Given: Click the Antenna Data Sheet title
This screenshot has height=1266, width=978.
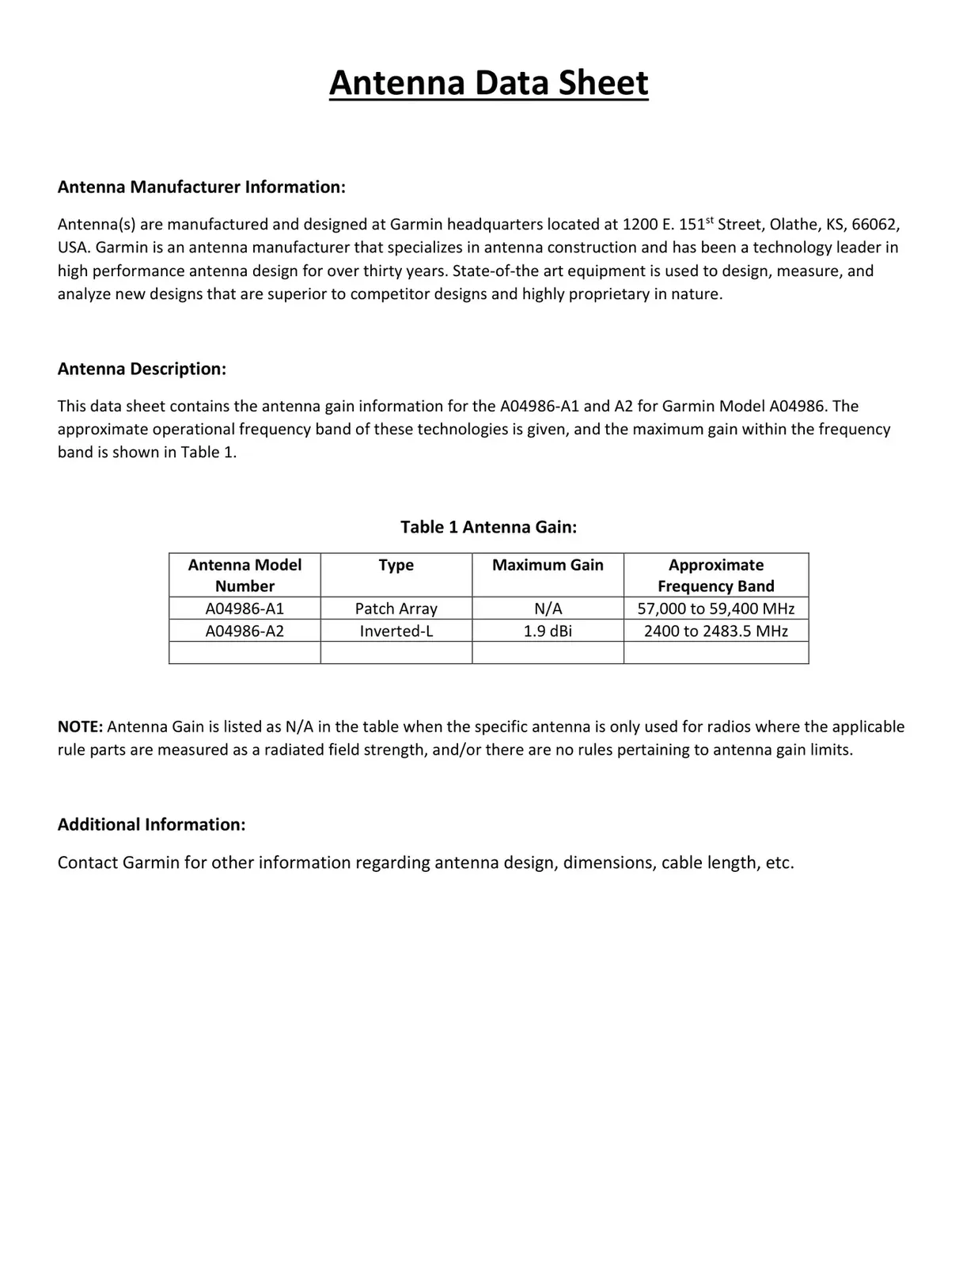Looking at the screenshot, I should coord(488,83).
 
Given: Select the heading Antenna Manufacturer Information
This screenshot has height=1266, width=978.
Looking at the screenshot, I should coord(201,188).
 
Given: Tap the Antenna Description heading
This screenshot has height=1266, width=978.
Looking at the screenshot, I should coord(142,369).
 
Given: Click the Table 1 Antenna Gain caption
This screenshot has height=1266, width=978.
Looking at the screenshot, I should coord(488,527).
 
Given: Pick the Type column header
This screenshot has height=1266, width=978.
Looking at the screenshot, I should coord(396,565).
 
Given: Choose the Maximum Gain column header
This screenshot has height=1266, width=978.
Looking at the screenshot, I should coord(548,565).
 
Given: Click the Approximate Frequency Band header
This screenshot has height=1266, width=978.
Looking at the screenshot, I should coord(715,575).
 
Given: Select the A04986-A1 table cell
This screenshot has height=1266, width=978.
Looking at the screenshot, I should coord(244,608).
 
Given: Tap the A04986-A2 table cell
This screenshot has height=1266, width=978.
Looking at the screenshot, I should coord(244,631).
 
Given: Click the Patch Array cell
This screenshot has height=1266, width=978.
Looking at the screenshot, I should coord(396,608).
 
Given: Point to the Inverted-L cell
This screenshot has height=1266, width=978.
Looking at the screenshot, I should coord(396,631).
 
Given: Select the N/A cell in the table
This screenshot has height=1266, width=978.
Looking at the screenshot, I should coord(548,608).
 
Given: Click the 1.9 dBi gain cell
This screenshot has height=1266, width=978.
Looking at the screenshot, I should coord(548,631).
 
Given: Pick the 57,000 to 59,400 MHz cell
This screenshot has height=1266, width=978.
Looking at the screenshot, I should coord(715,608).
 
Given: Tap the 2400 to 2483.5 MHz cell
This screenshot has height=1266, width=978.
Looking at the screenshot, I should coord(715,631).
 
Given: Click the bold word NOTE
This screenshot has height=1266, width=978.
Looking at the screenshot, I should coord(80,726).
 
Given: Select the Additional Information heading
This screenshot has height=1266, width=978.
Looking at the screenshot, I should coord(151,824).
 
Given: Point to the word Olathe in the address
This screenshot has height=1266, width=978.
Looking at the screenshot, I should coord(794,225).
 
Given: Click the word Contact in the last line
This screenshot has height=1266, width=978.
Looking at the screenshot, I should coord(87,862).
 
